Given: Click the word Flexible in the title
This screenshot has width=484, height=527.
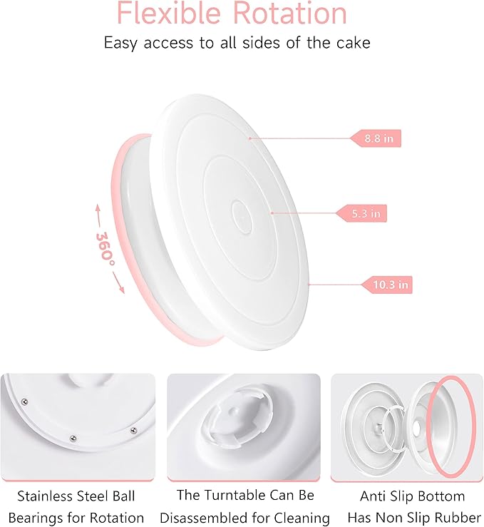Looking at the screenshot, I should (168, 14).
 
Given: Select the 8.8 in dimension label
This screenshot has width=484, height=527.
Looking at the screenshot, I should (378, 138).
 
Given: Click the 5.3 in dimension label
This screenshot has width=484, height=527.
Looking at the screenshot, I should (364, 212).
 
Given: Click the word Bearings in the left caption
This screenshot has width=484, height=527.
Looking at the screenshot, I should (43, 518).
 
